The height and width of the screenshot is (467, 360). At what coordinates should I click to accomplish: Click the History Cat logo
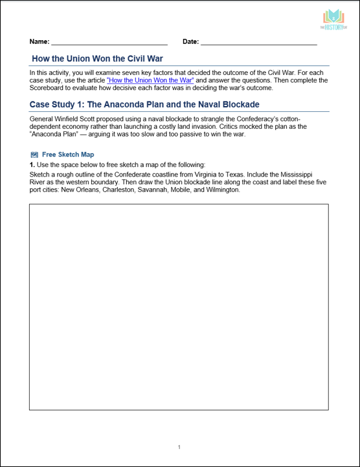click(x=333, y=20)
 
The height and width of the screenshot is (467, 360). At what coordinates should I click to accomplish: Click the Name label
click(x=39, y=41)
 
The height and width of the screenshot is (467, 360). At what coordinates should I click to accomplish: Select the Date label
click(x=190, y=41)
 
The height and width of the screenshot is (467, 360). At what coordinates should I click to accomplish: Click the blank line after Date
click(x=258, y=43)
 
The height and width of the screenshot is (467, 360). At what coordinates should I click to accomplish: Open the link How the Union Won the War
click(x=150, y=80)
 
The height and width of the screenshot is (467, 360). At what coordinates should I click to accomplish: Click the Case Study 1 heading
click(x=144, y=104)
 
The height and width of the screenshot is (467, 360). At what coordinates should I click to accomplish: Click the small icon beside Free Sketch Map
click(x=34, y=155)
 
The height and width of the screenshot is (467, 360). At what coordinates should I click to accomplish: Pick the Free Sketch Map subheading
click(x=68, y=155)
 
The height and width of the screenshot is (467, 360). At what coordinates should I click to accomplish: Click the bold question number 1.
click(x=32, y=166)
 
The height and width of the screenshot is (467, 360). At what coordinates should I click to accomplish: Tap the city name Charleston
click(x=120, y=190)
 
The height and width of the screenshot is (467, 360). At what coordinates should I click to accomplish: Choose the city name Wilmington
click(x=222, y=190)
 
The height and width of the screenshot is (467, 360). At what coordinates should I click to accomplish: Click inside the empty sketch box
click(x=179, y=307)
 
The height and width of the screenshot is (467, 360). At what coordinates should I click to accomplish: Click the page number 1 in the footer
click(x=179, y=447)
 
